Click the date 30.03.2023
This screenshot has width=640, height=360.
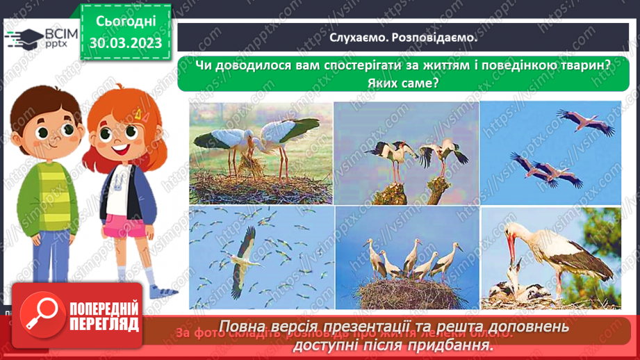[125, 43]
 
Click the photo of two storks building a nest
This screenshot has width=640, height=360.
[261, 153]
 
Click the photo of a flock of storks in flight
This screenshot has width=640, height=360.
[261, 257]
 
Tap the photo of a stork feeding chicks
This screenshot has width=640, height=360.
[550, 257]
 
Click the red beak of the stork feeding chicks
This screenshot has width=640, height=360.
[513, 247]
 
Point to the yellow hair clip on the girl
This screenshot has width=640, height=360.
[137, 112]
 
